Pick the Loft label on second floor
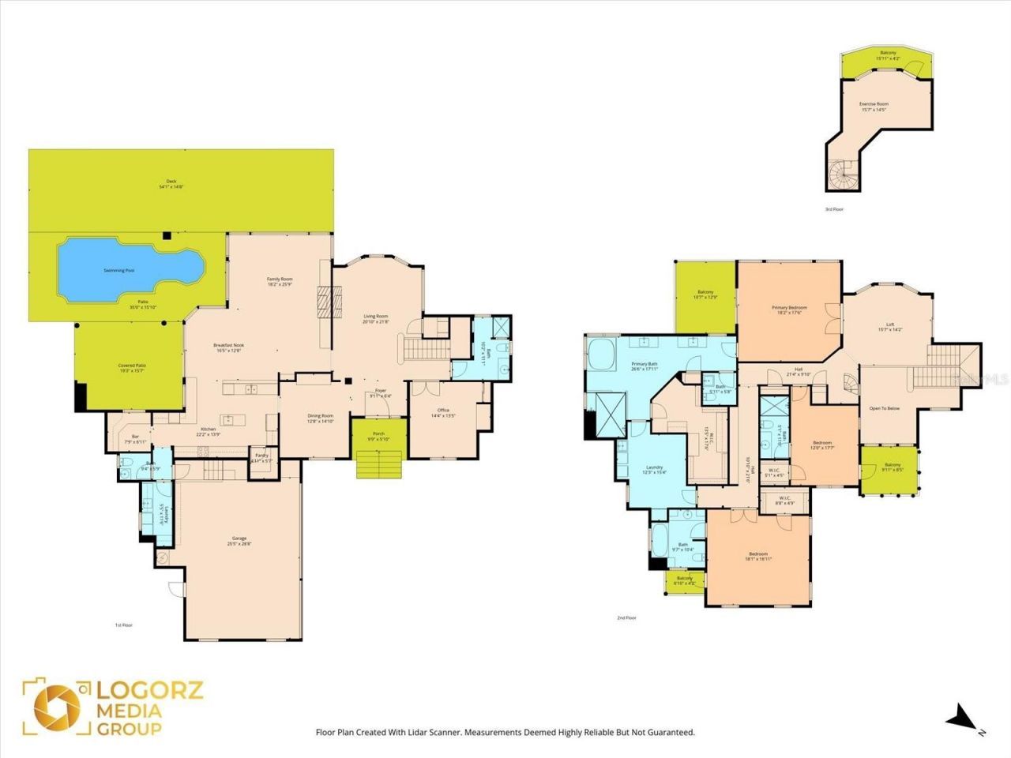coord(890,327)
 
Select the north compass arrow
coord(962,717)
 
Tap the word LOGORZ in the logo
coord(150,690)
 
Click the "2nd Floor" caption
coord(626,618)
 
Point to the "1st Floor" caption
coord(123,625)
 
